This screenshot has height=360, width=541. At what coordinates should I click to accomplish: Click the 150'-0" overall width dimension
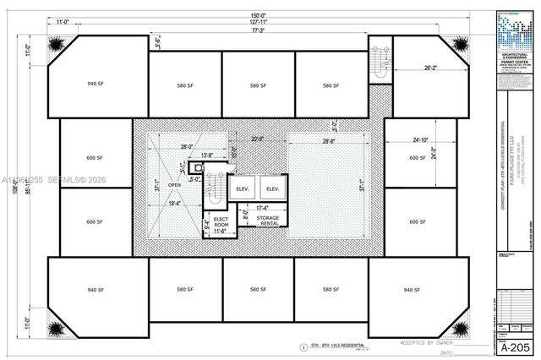258,16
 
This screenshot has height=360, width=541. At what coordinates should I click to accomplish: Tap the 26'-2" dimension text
429,68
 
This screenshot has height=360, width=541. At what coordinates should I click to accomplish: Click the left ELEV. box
242,188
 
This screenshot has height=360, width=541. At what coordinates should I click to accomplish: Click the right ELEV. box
271,188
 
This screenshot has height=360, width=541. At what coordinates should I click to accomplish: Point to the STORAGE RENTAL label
269,221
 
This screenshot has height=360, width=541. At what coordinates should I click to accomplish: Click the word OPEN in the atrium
174,184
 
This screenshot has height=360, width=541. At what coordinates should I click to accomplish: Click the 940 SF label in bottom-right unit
412,290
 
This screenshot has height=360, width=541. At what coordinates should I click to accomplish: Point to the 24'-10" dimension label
419,139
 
